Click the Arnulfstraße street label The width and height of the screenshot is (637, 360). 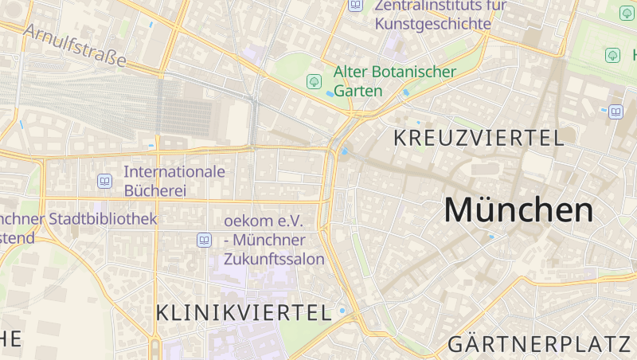[75, 45]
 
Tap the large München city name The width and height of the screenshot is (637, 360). [518, 210]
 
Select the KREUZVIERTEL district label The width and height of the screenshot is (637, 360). [479, 137]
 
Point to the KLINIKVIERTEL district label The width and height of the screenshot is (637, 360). [244, 313]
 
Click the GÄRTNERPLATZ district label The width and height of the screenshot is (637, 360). [539, 345]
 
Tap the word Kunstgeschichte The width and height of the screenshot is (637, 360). [432, 24]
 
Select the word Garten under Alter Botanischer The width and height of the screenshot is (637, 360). [358, 91]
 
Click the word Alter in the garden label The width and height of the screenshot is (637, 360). [350, 72]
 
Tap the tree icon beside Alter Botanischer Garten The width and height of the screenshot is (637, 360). [314, 81]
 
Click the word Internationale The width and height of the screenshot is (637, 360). [174, 171]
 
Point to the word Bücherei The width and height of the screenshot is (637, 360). [154, 190]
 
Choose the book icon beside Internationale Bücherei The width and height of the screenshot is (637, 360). [104, 182]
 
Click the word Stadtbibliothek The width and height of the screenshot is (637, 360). [103, 218]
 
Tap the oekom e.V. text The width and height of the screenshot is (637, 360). [261, 220]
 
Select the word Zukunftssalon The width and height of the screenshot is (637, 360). [274, 259]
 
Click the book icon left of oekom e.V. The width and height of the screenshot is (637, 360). [204, 240]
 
